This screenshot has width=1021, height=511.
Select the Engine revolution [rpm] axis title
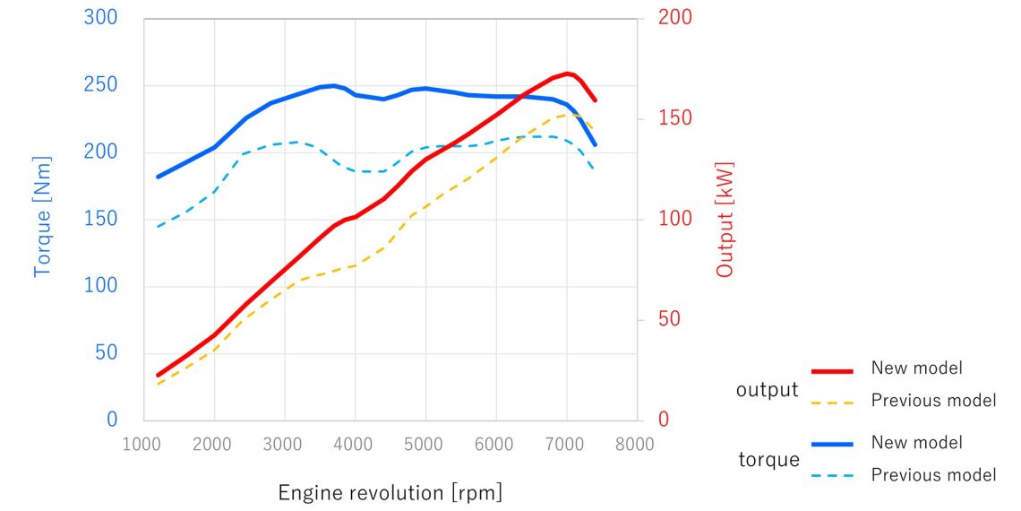[390, 492]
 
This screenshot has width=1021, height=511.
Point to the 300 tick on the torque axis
[100, 18]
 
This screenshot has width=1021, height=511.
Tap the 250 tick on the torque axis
[100, 86]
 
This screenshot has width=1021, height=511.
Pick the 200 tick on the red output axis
[674, 18]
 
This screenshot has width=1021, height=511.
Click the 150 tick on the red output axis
[674, 118]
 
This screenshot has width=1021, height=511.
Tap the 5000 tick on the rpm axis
[425, 443]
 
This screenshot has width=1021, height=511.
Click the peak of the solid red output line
[567, 74]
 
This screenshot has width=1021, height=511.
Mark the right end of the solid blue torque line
[595, 144]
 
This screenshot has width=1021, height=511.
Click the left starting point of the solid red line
[158, 376]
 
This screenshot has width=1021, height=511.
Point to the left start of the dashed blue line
[158, 226]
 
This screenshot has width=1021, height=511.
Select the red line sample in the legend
[832, 369]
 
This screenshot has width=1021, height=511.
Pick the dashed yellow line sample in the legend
[832, 402]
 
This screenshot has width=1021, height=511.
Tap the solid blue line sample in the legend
[832, 443]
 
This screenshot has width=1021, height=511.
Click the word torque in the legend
[768, 460]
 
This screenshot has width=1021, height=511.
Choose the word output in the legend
[767, 390]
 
